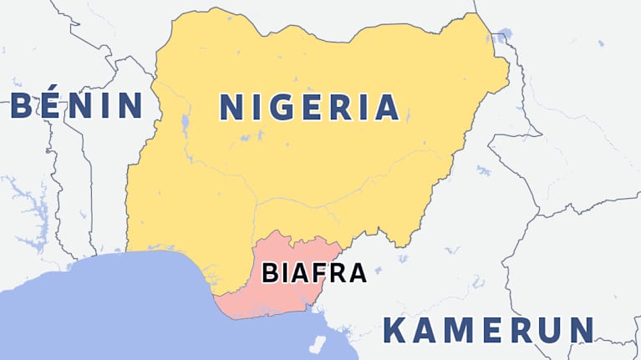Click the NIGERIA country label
[x=308, y=107]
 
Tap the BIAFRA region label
[x=314, y=272]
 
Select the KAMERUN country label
[x=489, y=330]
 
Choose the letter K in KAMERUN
[x=395, y=331]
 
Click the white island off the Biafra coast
[x=318, y=343]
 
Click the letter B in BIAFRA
[x=270, y=272]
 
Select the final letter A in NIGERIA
[x=385, y=107]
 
